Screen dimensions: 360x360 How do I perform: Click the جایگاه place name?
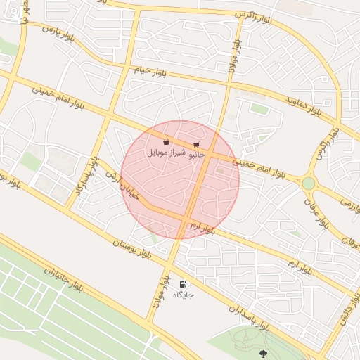click(x=184, y=295)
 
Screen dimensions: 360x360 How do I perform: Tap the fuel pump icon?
click(x=184, y=285)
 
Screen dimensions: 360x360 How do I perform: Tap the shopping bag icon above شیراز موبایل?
click(x=165, y=143)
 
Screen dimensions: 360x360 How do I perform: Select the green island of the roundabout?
click(x=308, y=184)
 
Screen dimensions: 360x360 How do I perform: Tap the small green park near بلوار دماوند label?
click(x=259, y=109)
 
